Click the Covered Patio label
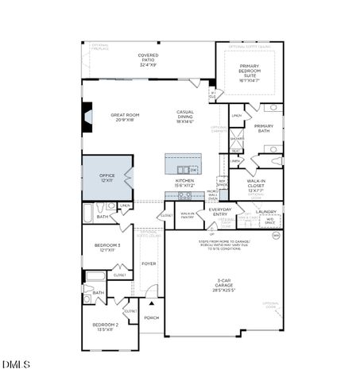(x=148, y=59)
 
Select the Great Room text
(x=126, y=117)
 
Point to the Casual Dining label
(x=185, y=117)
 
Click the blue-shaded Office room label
(x=106, y=178)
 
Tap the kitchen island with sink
(x=183, y=164)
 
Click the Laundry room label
(x=266, y=212)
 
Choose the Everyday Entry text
(x=220, y=212)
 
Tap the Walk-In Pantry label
(x=188, y=214)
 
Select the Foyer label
(x=149, y=264)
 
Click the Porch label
(x=151, y=317)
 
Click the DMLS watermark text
(x=16, y=364)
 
